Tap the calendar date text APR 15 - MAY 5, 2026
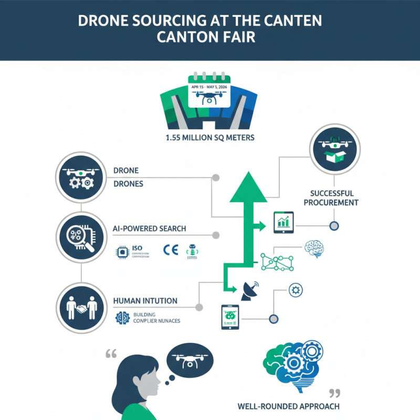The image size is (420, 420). pos(210,87)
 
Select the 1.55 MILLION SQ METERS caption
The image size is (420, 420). pos(210,139)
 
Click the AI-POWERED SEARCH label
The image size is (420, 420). pos(149,229)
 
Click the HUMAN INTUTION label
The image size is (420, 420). pos(145,301)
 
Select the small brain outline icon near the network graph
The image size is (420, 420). pos(315,249)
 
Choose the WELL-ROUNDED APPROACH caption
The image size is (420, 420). pos(288,406)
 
